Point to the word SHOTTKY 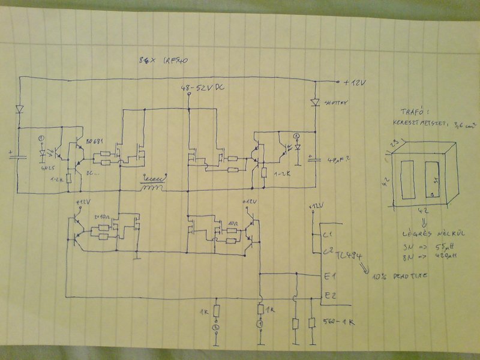336,103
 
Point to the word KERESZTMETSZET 427,125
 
